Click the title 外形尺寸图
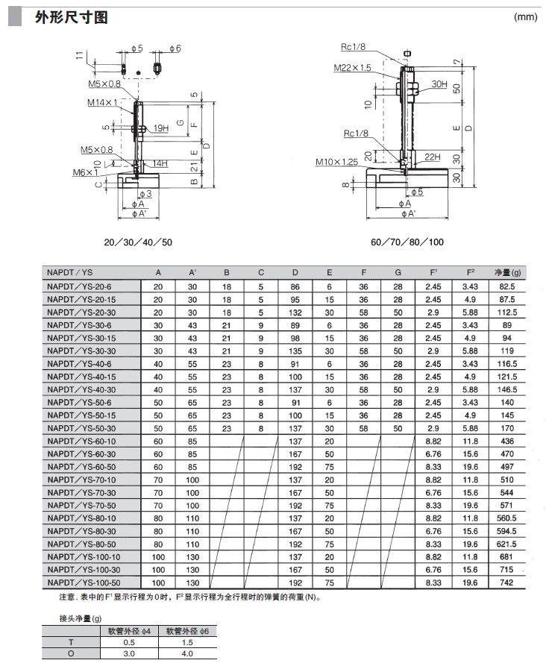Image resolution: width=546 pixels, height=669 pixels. coord(72,17)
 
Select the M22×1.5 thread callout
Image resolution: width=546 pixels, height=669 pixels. coord(352,68)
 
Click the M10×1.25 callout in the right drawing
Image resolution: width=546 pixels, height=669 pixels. coord(336,161)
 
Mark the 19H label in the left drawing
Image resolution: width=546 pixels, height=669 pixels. coord(161,128)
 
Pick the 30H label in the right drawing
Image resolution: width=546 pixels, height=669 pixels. coord(439,84)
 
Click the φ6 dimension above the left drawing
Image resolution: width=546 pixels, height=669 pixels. coord(175,48)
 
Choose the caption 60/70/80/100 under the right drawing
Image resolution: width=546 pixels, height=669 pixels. coord(407,242)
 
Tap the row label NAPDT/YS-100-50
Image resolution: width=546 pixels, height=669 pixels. coord(83,582)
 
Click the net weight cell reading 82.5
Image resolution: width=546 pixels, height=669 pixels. coord(506,286)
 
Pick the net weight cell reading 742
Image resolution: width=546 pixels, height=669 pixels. coord(506,582)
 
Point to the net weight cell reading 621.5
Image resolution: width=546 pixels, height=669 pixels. coord(506,544)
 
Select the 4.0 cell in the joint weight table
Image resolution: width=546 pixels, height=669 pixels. coord(186,653)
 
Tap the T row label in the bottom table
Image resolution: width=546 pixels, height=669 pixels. coord(72,643)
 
